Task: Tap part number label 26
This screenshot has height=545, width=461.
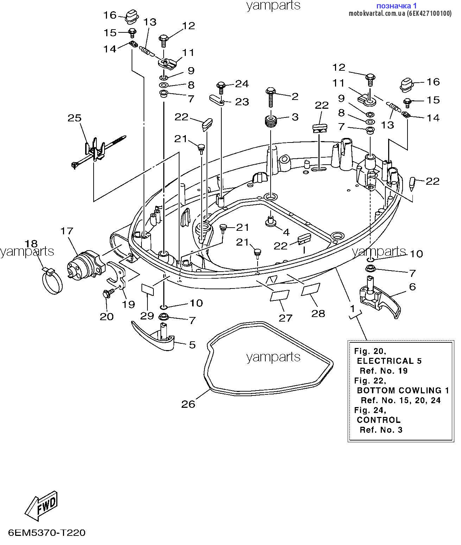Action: pos(188,404)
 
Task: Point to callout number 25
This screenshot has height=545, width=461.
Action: pos(75,118)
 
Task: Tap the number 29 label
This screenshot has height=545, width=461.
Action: pos(147,316)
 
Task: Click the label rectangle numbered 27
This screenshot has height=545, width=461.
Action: pos(280,295)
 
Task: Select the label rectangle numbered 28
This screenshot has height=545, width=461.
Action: pos(311,289)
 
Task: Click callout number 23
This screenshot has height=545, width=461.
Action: pos(242,102)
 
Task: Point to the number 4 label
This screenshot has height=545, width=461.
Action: pos(286,232)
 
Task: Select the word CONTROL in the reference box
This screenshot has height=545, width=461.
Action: pos(379,420)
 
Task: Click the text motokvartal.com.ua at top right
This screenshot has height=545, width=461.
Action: pos(377,14)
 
